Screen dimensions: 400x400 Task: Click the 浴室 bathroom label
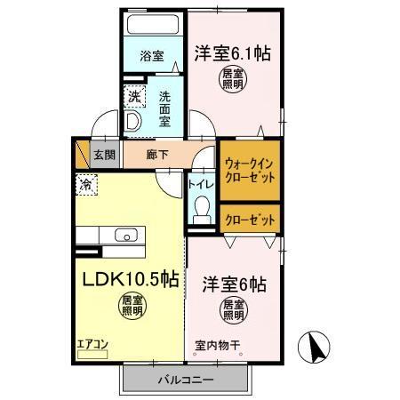[x=152, y=55]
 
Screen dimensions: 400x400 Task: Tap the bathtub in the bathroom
[x=151, y=26]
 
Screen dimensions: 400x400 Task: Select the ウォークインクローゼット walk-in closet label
[x=250, y=170]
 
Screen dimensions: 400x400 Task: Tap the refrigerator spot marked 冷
[x=86, y=186]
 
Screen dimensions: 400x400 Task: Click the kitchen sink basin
[x=126, y=236]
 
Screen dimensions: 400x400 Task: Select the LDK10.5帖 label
[x=132, y=279]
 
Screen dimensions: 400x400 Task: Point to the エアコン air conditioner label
[x=91, y=342]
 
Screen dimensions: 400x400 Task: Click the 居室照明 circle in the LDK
[x=132, y=308]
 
